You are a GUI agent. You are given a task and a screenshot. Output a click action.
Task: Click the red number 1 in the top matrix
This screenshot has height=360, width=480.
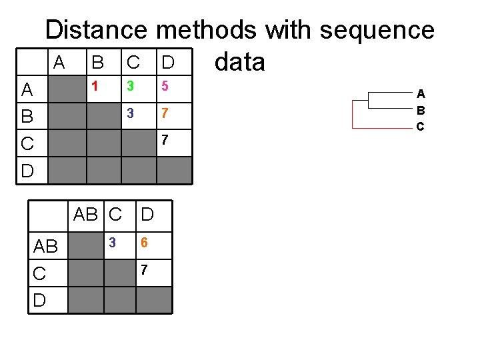point(95,86)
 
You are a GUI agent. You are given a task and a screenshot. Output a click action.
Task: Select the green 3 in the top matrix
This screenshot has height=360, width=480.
point(131,86)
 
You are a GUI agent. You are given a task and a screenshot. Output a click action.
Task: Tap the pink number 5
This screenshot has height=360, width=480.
point(165,86)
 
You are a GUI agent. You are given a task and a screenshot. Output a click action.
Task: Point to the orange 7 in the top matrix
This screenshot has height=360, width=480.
point(165,113)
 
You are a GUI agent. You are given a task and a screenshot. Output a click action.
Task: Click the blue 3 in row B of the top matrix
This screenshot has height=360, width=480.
point(131,113)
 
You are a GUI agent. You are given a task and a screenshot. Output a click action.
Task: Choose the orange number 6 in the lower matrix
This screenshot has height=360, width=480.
point(144,243)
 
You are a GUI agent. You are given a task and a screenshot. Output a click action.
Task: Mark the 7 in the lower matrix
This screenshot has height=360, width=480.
point(144,269)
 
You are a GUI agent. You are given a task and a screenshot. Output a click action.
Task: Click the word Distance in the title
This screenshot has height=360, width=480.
point(97,30)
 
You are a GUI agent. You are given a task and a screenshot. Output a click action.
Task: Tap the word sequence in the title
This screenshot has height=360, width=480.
point(377,30)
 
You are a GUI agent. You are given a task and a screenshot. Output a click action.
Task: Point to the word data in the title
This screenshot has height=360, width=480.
point(240,62)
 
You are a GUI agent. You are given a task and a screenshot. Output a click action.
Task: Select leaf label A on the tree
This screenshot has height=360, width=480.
point(421,94)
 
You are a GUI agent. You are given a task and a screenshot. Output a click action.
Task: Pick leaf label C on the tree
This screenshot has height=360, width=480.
point(421,126)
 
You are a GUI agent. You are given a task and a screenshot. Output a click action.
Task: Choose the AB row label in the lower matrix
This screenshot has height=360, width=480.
point(45,247)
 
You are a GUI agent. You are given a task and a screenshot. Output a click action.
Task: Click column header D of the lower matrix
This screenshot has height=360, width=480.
point(147,214)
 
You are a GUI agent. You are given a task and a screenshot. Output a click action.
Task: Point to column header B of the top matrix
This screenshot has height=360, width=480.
point(97,63)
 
